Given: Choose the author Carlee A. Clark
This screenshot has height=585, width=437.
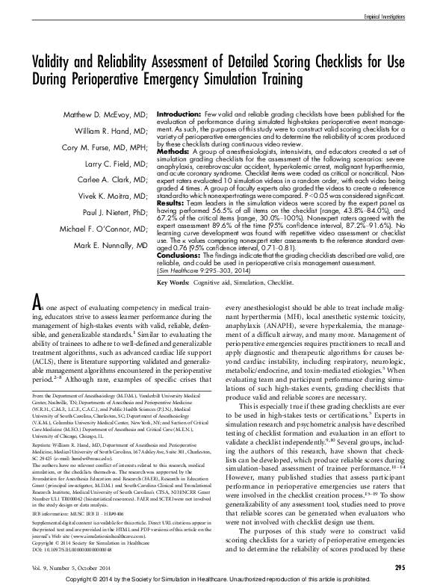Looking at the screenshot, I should pos(114,179).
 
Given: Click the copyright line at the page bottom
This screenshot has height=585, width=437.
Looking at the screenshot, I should pos(218,578).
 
